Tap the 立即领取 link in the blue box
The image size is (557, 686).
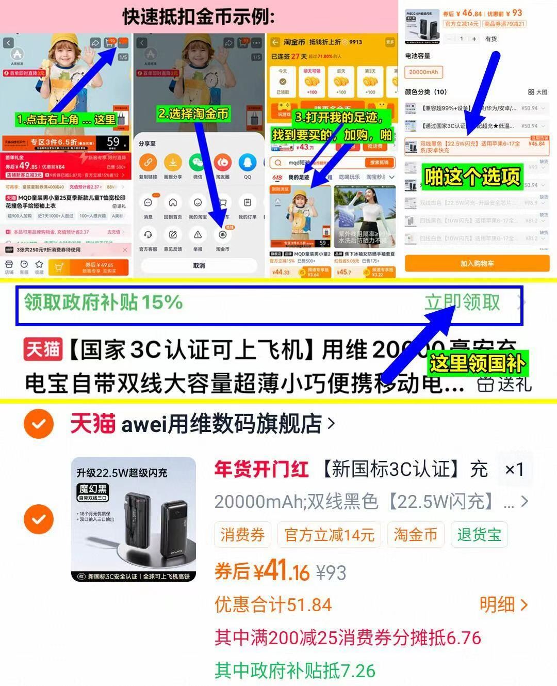[x=462, y=302]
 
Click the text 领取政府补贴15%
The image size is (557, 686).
[x=103, y=302]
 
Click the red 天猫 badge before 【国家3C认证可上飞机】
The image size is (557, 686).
[x=43, y=349]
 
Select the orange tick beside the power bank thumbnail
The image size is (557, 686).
[x=39, y=519]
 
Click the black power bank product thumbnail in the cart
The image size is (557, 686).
[x=134, y=519]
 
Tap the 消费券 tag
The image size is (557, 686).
[x=242, y=535]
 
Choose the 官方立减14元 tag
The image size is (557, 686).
[x=329, y=535]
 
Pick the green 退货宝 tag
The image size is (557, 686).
[x=479, y=535]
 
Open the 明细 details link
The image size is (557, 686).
[x=503, y=604]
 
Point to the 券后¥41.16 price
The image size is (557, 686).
[x=262, y=571]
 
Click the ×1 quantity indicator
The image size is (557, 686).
[x=514, y=469]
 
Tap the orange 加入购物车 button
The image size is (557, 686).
[x=477, y=263]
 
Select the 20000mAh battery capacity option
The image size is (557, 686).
[x=423, y=72]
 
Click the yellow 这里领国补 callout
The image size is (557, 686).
[x=477, y=363]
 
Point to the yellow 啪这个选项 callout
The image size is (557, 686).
[x=472, y=177]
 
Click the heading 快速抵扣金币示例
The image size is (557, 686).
[x=199, y=17]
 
